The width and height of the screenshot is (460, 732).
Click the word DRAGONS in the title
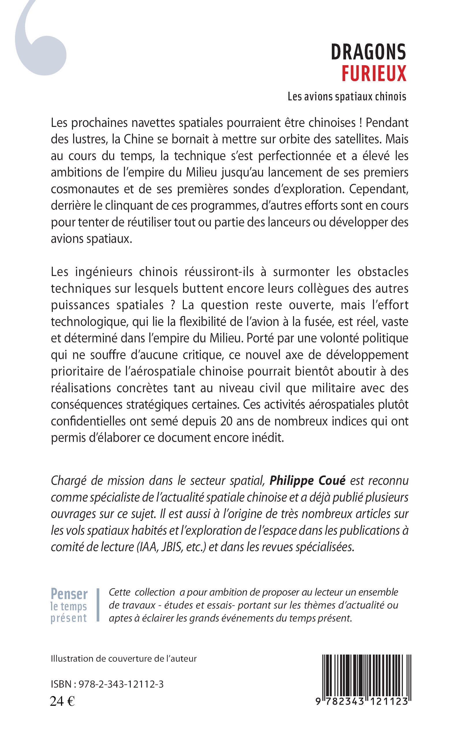tap(368, 52)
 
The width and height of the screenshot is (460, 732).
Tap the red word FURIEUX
tap(374, 74)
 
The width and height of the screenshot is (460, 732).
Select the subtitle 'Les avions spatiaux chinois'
tap(347, 97)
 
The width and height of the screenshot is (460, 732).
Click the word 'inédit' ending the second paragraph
tap(268, 438)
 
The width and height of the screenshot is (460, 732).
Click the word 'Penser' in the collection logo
tap(69, 594)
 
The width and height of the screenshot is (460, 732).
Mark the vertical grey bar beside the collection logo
tap(98, 605)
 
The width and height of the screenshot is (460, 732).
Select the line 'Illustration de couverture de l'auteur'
tap(124, 659)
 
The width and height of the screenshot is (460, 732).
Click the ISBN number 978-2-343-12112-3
tap(121, 684)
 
